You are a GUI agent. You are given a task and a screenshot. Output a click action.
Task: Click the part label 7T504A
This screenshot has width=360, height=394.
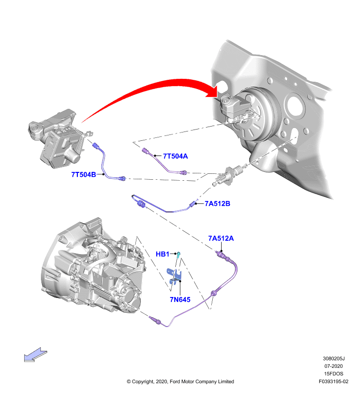coord(175,156)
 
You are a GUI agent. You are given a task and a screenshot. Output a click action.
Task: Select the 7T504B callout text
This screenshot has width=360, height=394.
coord(84,174)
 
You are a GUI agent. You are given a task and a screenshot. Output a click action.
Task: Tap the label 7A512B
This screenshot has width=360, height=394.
coord(217,203)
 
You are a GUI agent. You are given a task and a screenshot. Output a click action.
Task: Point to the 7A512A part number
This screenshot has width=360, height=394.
coord(221,238)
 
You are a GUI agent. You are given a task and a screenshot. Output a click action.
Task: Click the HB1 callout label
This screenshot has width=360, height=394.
coord(163,254)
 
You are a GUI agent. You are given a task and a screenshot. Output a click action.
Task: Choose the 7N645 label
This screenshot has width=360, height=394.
coord(180,299)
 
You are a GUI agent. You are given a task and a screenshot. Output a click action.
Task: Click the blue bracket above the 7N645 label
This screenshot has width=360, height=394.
coord(174,276)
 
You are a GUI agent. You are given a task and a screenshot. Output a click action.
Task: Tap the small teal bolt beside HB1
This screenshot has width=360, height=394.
coord(178,255)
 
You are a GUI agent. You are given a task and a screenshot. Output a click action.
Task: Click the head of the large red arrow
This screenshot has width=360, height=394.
coord(212,92)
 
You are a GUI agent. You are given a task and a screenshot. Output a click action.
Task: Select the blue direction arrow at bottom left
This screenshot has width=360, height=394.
coord(35,355)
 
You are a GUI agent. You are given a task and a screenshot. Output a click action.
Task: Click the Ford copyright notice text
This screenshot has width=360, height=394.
coord(180,381)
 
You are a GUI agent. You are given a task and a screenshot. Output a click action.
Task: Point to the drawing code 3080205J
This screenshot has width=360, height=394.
coord(333,359)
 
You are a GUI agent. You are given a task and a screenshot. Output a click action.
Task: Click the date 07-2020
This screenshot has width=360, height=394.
coord(333,366)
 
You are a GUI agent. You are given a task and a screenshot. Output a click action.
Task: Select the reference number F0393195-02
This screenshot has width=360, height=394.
coord(333,381)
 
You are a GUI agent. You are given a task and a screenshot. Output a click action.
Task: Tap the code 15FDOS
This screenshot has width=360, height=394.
coord(333,374)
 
